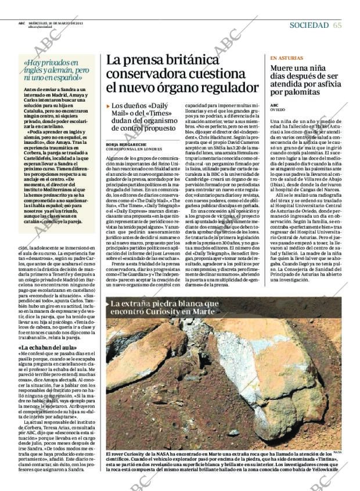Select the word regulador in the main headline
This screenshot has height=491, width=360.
[x=226, y=89]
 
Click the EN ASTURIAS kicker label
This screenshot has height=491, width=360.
[x=286, y=59]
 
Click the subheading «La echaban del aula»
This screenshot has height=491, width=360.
[x=42, y=347]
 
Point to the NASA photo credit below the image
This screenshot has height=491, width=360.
[x=337, y=451]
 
